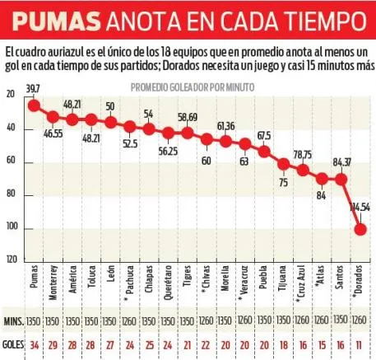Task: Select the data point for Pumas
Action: tap(34, 105)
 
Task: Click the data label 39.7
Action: tap(34, 89)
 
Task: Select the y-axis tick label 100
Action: tap(11, 228)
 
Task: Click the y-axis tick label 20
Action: tap(11, 95)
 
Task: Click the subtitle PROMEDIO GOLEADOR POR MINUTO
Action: tap(193, 86)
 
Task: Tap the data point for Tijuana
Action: tap(283, 165)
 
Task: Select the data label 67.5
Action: tap(264, 135)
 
